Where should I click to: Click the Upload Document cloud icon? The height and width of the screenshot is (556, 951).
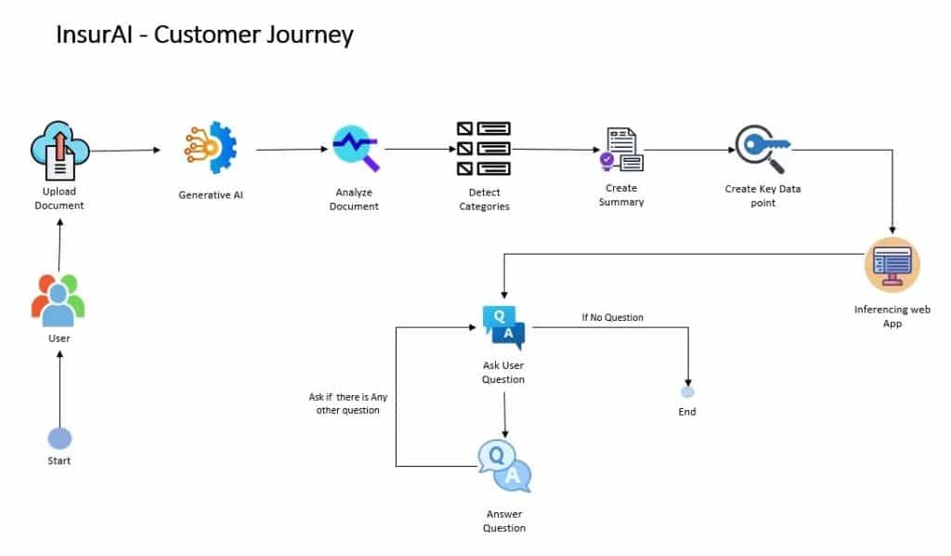pos(59,151)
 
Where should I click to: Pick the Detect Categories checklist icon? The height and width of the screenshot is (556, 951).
pos(484,149)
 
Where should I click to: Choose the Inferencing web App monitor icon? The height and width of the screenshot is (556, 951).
pos(892,265)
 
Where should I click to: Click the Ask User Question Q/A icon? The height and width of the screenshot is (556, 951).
pos(503,326)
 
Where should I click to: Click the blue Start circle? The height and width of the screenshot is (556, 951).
pos(59,438)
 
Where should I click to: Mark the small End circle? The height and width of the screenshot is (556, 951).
pos(687,392)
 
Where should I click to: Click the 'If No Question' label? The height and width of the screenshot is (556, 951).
pos(612,318)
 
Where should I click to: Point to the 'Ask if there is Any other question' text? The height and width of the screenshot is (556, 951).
pos(347,404)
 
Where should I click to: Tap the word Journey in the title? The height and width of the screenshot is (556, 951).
pos(311,35)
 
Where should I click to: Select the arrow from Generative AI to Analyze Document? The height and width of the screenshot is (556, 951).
pos(293,149)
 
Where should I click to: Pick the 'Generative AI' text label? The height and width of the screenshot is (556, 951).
pos(210,195)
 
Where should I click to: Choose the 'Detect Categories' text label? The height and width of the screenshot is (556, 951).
pos(484,199)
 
